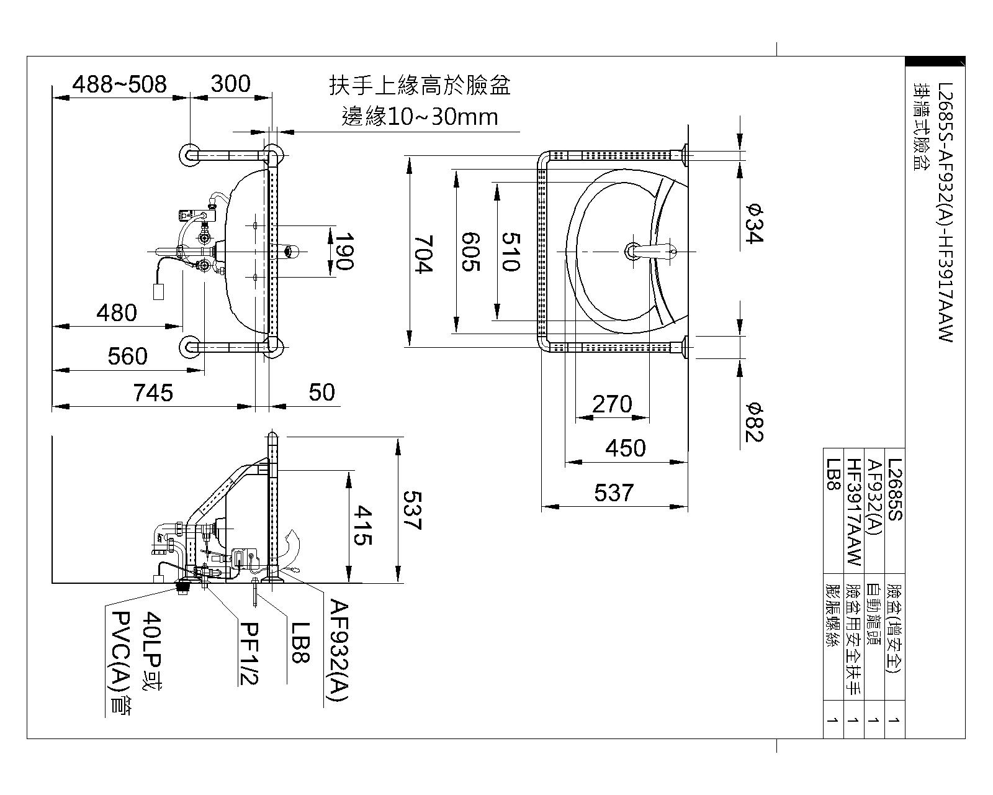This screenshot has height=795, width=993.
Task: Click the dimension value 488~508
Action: point(119,84)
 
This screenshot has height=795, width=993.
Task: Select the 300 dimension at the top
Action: point(230,84)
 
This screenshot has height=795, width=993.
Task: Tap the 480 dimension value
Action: point(117,312)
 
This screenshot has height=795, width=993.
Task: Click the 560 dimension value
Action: point(128,357)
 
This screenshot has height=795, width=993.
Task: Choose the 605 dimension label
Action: point(470,252)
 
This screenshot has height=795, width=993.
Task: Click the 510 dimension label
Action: point(510,252)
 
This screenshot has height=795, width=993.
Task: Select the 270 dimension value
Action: point(612,404)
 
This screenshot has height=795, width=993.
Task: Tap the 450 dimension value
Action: point(625,448)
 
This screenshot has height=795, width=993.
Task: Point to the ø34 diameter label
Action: point(753,224)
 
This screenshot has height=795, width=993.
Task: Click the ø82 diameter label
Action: point(753,422)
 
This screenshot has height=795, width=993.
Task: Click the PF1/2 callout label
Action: point(248,653)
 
